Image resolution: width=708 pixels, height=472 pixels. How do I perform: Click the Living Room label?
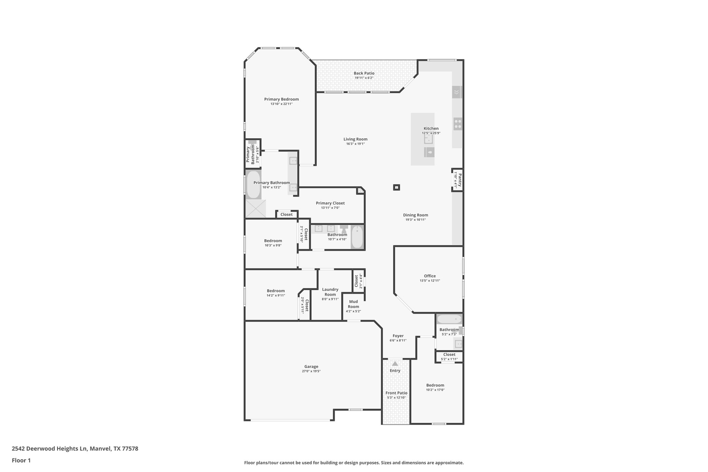tap(355, 139)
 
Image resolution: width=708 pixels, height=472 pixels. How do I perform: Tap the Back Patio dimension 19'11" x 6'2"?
tap(364, 78)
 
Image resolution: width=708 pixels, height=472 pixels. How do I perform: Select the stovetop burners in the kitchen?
tap(458, 124)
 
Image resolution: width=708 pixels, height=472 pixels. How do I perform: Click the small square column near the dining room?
tap(397, 187)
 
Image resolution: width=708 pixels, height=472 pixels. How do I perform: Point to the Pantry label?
tap(460, 180)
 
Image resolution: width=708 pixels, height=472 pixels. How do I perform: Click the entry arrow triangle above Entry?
tap(395, 363)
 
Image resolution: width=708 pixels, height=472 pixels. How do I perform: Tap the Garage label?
tap(311, 367)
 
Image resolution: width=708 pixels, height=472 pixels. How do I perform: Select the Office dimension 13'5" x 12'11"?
tap(430, 281)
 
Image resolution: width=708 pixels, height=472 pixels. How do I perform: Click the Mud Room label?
tap(353, 304)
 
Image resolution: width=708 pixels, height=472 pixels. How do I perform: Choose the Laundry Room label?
tap(330, 292)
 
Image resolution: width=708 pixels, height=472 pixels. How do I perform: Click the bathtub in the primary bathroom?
tap(253, 184)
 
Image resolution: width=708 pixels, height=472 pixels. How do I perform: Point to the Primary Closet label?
tap(330, 203)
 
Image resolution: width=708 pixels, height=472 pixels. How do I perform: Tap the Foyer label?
tap(398, 336)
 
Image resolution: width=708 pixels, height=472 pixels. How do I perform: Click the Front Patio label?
tap(397, 393)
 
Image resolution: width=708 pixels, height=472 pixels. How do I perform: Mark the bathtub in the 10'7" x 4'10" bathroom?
tap(357, 237)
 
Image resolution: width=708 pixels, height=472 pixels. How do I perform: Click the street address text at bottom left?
tap(75, 448)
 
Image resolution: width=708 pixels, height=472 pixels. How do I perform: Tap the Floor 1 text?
tap(21, 460)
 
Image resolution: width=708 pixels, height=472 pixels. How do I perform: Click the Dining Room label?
tap(415, 215)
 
